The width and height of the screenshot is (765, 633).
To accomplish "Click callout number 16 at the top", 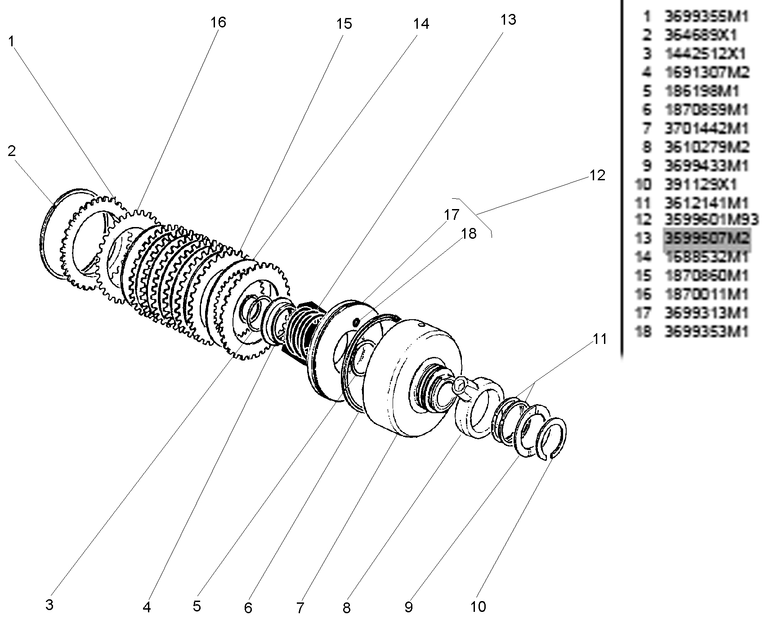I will (x=218, y=22).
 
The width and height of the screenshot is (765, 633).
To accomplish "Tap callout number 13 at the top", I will (x=508, y=20).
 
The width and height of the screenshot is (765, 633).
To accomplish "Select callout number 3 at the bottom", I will (x=49, y=605).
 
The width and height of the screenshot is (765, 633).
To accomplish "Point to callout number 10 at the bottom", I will (x=479, y=606).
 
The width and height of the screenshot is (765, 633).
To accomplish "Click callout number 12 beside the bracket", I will (x=597, y=175).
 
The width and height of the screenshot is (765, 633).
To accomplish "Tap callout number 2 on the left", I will (x=12, y=151).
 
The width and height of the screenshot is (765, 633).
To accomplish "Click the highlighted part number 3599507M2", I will (x=707, y=237).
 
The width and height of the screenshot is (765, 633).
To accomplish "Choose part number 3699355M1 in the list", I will (x=706, y=17).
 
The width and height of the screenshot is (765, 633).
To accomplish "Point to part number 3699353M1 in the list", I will (x=706, y=331).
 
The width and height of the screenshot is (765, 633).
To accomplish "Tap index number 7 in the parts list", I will (x=647, y=128).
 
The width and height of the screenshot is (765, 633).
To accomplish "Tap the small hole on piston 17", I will (x=356, y=321).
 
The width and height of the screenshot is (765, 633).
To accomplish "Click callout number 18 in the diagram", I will (x=468, y=234).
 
